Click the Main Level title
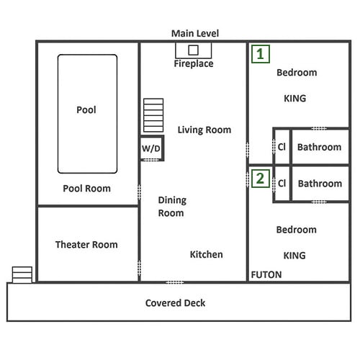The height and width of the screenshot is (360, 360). [x=195, y=33]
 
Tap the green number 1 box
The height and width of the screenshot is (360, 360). [x=261, y=54]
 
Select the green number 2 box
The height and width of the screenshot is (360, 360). [x=261, y=179]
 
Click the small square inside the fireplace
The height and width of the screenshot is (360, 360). [x=193, y=50]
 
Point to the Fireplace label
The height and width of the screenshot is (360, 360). [x=194, y=63]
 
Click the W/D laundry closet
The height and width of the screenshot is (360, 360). [x=152, y=148]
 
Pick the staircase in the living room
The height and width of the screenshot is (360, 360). [x=153, y=115]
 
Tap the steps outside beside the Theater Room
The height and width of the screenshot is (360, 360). [x=22, y=275]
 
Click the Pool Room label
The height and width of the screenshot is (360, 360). [x=86, y=189]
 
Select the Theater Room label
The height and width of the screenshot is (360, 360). [x=86, y=245]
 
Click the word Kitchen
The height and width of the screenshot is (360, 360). [x=207, y=254]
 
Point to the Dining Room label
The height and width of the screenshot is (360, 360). [x=172, y=207]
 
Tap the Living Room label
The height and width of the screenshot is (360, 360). [x=204, y=130]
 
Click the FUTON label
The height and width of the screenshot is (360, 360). [x=266, y=274]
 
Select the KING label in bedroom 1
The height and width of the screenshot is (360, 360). [x=294, y=99]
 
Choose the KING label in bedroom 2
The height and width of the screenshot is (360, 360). [x=294, y=256]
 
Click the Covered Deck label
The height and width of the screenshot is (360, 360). [x=175, y=303]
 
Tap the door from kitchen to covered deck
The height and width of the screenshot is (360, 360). [x=175, y=282]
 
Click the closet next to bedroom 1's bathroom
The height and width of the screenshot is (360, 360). [x=282, y=147]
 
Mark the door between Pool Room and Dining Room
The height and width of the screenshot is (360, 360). [x=139, y=192]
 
